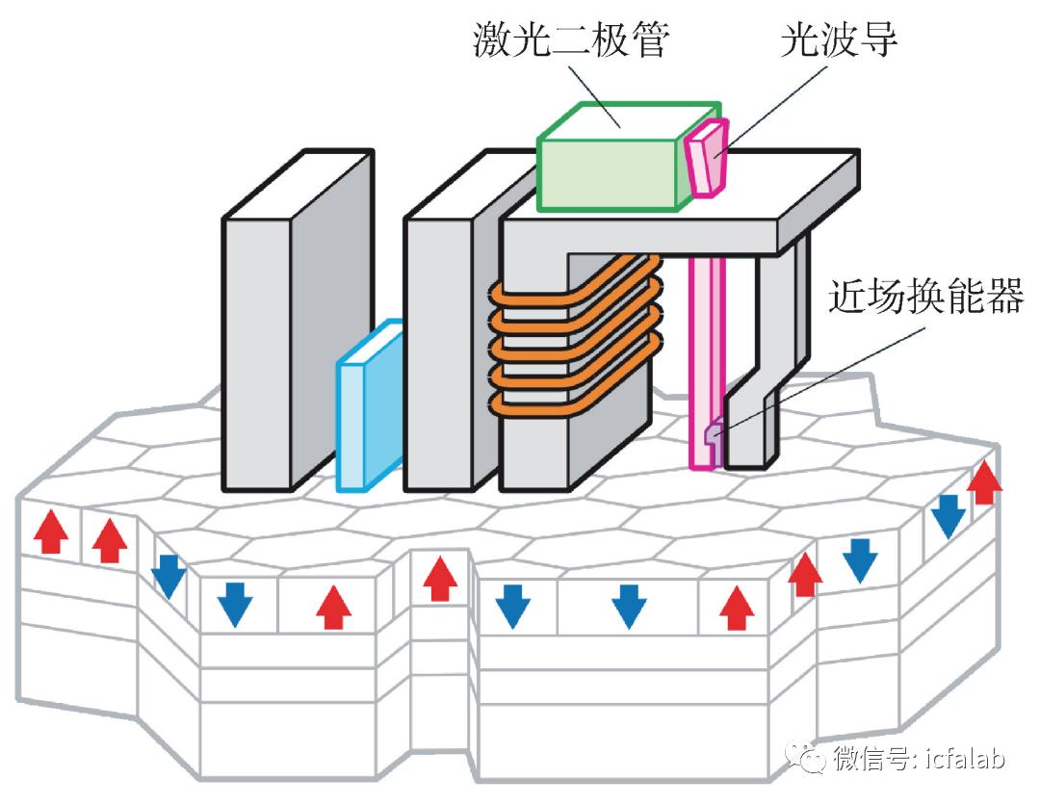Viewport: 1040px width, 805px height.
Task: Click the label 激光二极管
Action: (572, 40)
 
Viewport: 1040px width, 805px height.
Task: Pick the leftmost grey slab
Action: (289, 318)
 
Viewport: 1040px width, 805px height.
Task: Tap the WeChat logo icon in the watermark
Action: (808, 758)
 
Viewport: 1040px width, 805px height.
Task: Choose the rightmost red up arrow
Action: (984, 481)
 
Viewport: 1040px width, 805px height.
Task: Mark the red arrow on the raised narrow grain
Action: (440, 578)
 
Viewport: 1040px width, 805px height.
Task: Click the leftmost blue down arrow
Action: (168, 576)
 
